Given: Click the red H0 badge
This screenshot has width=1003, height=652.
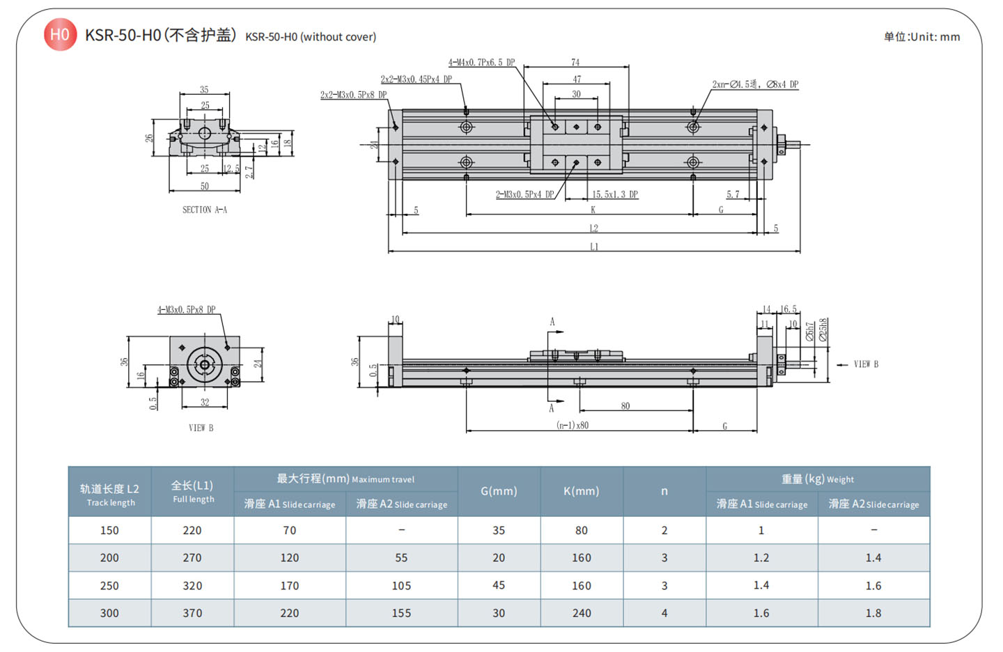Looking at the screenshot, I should tap(60, 34).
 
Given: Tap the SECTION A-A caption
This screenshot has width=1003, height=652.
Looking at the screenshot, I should tap(205, 210).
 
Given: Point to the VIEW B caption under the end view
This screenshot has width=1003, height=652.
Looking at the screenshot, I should tap(201, 428).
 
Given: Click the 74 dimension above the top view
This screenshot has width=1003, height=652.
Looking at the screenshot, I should tap(575, 62).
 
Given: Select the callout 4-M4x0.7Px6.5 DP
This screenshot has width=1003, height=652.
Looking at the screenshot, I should tap(481, 63).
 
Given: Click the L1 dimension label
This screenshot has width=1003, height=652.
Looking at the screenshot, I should tap(594, 247).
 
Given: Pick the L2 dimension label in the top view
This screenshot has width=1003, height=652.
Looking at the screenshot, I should tap(594, 228).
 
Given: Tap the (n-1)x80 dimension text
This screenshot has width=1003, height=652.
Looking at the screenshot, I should tap(573, 425).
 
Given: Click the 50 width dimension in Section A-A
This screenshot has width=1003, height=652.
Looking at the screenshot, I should tap(205, 186).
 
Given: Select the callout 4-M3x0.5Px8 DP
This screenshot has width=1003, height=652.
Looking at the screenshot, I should tap(186, 310).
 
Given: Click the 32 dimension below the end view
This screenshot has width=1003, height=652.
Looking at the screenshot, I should tap(205, 402).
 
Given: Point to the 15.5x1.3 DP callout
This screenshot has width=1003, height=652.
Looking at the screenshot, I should tap(615, 194).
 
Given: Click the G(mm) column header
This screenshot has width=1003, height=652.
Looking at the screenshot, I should tap(499, 491).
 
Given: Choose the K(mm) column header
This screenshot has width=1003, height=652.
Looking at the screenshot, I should tap(581, 491).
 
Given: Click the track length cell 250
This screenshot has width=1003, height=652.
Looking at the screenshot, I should tap(109, 586).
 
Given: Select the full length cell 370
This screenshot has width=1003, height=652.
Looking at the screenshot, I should tap(192, 614).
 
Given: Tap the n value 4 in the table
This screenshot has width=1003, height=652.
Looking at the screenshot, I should tap(664, 614).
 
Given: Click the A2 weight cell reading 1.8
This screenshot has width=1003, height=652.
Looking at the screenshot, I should tap(873, 614).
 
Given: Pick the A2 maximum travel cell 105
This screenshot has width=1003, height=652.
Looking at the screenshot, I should tap(401, 586).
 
